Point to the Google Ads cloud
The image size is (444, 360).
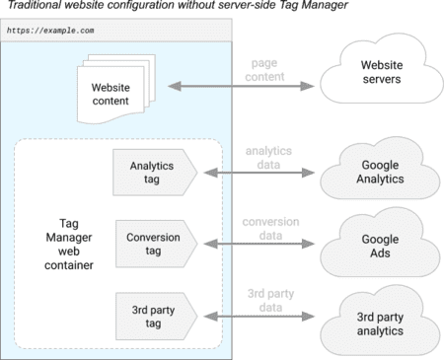coord(375,245)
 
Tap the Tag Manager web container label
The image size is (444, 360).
coord(62,243)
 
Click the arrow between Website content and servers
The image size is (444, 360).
coord(243,88)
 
